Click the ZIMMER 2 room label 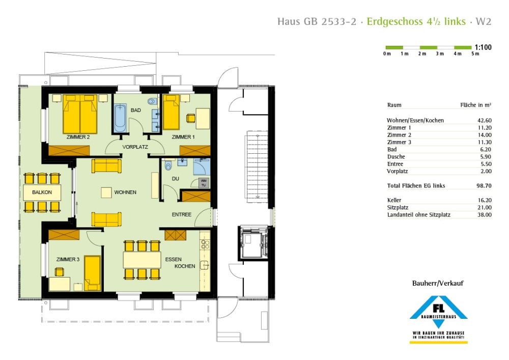coord(77,137)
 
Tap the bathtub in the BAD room coord(120,118)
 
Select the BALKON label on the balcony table coord(41,193)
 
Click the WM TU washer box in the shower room coord(204,182)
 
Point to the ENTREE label coord(181,214)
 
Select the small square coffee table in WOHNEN coord(106,192)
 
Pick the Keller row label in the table coord(394,201)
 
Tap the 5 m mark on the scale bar coord(475,54)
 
